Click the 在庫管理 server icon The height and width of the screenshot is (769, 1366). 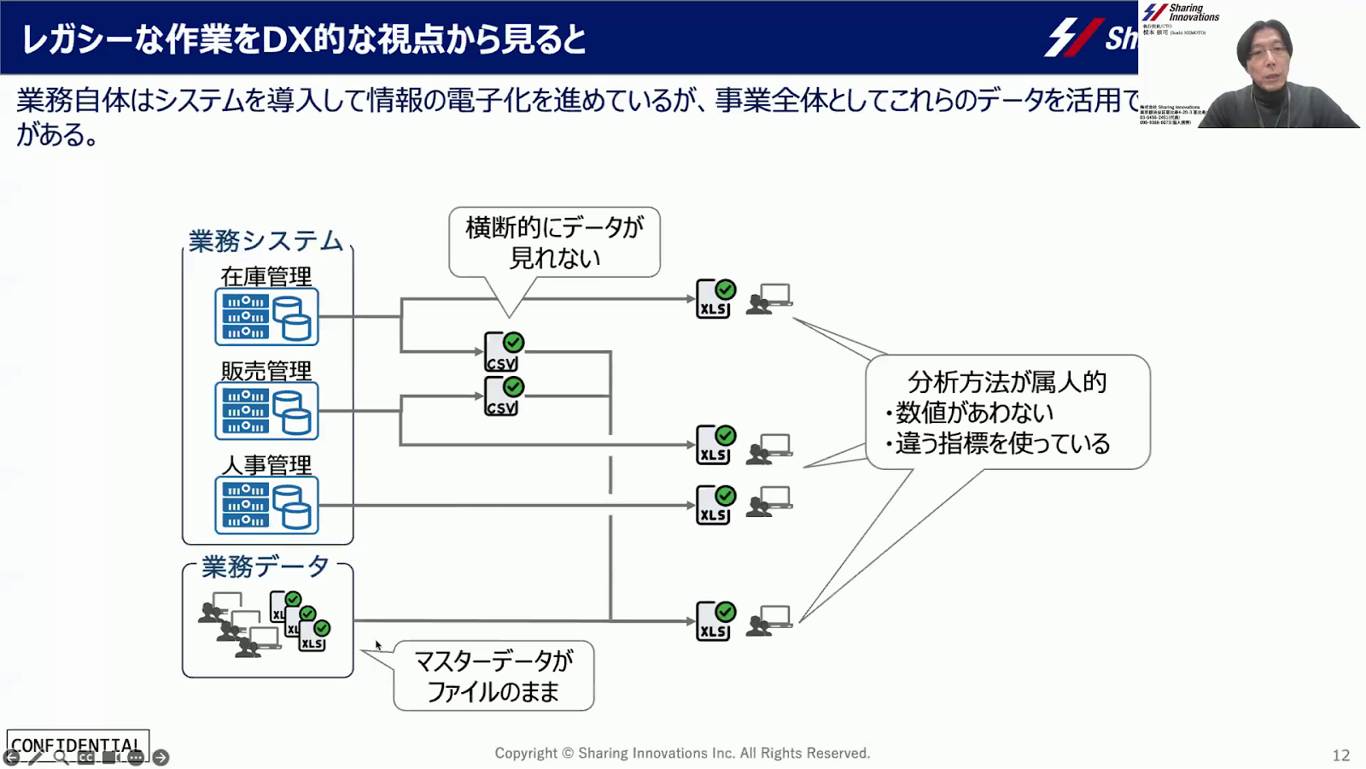click(x=266, y=317)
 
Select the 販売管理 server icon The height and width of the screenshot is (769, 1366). click(x=266, y=411)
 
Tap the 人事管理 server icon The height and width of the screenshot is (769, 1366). click(x=266, y=505)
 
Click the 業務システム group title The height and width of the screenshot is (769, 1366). click(x=266, y=241)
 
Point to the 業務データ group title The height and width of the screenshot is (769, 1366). click(x=266, y=566)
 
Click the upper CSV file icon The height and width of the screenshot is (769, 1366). click(x=503, y=352)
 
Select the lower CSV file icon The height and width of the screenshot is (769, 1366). click(x=503, y=396)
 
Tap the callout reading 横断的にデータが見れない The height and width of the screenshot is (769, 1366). click(x=555, y=243)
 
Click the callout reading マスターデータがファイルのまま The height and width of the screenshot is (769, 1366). click(x=493, y=676)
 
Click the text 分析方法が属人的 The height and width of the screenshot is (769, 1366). click(x=1007, y=381)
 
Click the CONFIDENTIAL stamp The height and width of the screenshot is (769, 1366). click(x=77, y=744)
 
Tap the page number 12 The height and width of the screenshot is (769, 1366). click(x=1340, y=755)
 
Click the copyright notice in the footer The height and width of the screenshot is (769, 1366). click(x=682, y=753)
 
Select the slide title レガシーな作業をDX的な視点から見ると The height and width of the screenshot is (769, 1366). click(x=304, y=39)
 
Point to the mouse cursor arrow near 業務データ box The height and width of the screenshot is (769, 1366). click(x=378, y=645)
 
